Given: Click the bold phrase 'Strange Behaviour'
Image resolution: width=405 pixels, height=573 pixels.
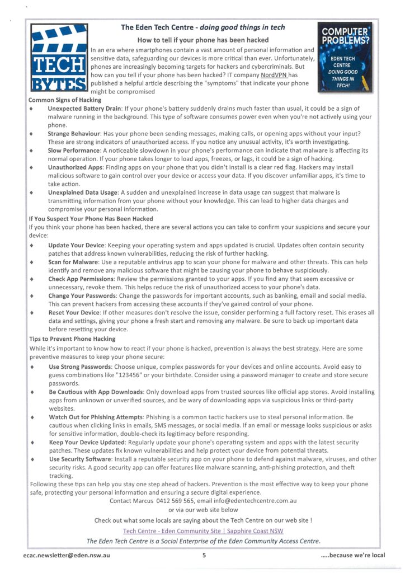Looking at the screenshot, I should (x=74, y=134).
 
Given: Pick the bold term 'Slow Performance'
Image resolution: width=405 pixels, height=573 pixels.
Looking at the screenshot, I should (x=73, y=151).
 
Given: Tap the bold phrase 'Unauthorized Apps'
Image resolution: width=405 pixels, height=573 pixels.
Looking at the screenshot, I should (x=75, y=167).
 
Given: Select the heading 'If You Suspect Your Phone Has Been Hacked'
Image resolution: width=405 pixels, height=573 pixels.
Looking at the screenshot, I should (x=91, y=218).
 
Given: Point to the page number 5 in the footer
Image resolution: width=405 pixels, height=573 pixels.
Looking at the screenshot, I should (x=204, y=556).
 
